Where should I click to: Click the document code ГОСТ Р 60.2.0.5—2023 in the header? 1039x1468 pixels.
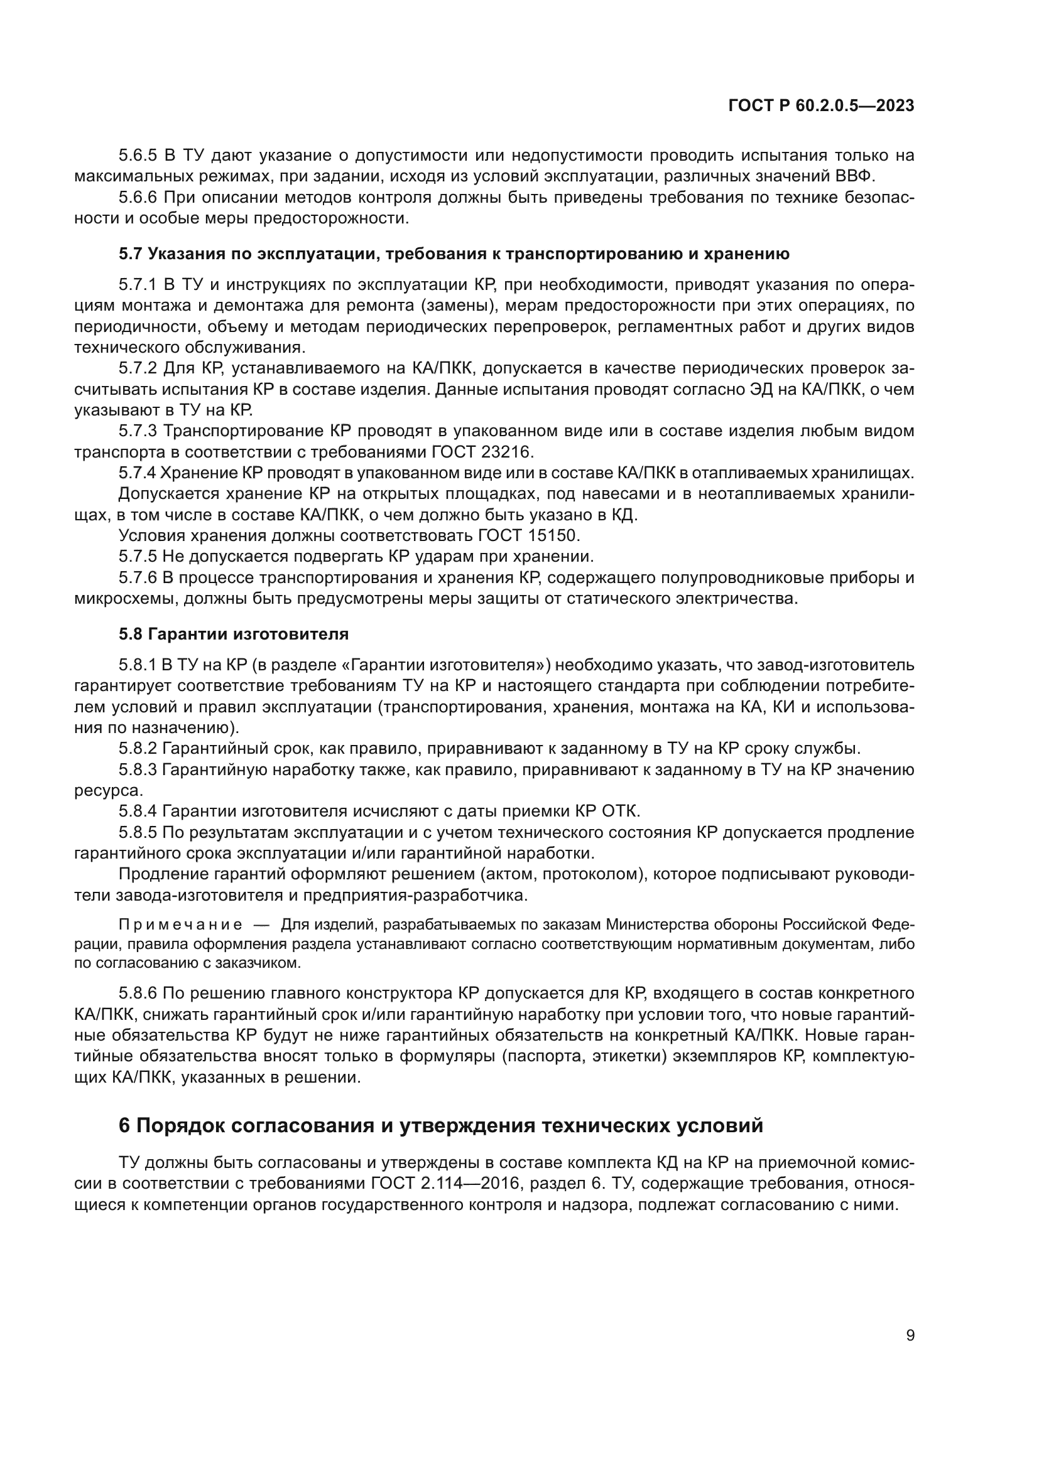pyautogui.click(x=821, y=106)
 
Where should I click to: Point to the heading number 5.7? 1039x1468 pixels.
pyautogui.click(x=131, y=254)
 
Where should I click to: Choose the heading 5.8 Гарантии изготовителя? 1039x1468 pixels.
pyautogui.click(x=234, y=635)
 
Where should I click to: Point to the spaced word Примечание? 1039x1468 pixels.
pyautogui.click(x=180, y=925)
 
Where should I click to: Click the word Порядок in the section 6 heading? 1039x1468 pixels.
pyautogui.click(x=180, y=1126)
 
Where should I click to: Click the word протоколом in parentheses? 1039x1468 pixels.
pyautogui.click(x=590, y=874)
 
